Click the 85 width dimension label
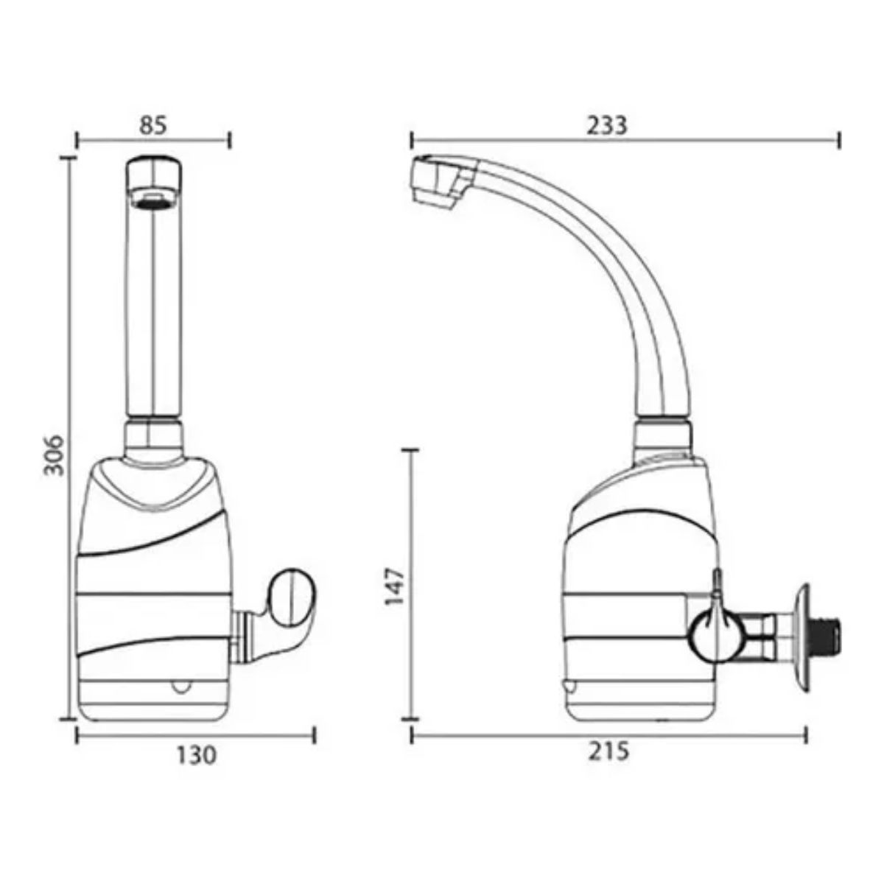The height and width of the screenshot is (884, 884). [x=153, y=125]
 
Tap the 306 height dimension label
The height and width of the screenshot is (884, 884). [x=53, y=455]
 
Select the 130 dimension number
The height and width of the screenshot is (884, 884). [x=197, y=755]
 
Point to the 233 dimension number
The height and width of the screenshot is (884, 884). [x=606, y=125]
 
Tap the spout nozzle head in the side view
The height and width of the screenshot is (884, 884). [x=440, y=180]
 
